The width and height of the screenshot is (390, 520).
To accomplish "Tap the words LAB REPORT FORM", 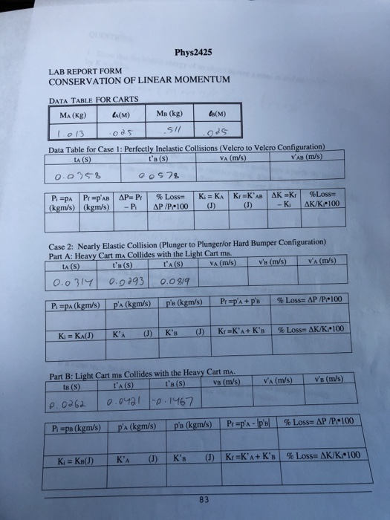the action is (x=78, y=71).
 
